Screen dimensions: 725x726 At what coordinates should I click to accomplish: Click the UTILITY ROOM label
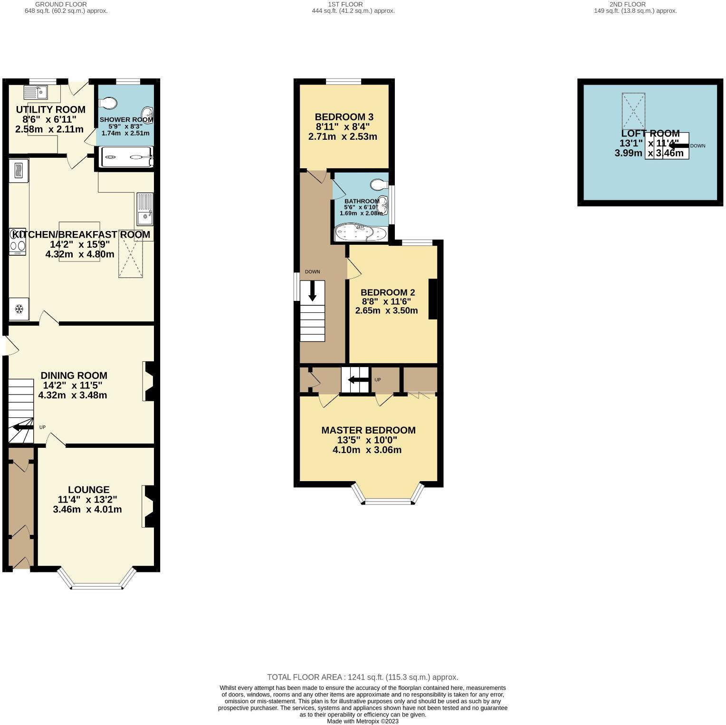click(50, 110)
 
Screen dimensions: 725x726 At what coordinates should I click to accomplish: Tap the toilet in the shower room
click(108, 103)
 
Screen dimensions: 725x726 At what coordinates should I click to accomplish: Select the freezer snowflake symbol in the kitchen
click(19, 309)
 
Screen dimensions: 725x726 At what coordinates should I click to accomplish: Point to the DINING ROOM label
click(74, 376)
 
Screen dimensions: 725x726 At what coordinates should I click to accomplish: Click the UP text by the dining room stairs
click(42, 427)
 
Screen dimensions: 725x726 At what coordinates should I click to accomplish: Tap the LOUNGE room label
click(88, 490)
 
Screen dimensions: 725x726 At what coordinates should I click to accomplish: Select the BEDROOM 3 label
click(344, 117)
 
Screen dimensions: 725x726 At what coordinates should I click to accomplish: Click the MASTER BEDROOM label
click(368, 430)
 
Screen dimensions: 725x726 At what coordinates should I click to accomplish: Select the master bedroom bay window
click(388, 500)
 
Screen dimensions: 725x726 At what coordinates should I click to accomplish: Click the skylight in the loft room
click(633, 111)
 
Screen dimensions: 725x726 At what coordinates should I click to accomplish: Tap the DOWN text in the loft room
click(697, 145)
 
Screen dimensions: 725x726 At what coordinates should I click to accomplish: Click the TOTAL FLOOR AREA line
click(363, 677)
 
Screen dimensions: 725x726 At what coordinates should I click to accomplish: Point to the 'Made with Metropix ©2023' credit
click(363, 721)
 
